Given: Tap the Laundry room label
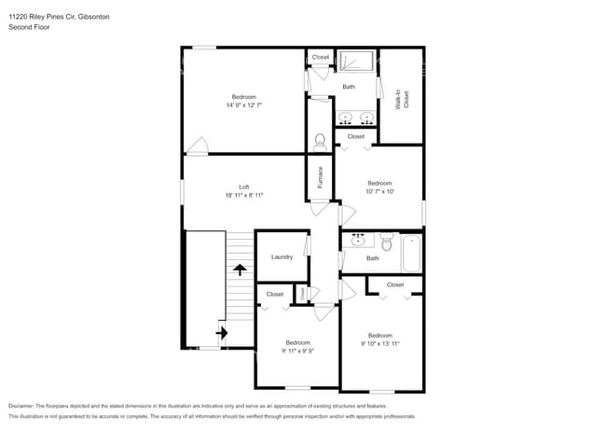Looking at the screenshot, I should pos(282,257).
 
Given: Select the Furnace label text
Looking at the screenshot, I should pos(320,177).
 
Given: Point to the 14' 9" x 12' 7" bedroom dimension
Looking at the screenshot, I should pos(243,105).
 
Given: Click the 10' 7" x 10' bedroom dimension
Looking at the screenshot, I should pos(379,192).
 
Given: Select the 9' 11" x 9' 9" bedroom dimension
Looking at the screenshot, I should pos(297,351).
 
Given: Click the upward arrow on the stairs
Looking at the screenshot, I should pos(240,270).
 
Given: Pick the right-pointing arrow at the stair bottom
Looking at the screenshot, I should pos(222,331).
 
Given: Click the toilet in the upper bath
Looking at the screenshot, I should pos(320,142).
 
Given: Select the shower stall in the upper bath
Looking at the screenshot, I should pos(355,62).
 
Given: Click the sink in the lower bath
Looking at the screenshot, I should pos(357,240).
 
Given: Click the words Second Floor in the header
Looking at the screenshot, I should pos(29,28).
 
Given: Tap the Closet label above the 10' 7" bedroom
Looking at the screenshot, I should pos(355,137).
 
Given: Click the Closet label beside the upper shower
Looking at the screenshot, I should pos(320,57).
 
